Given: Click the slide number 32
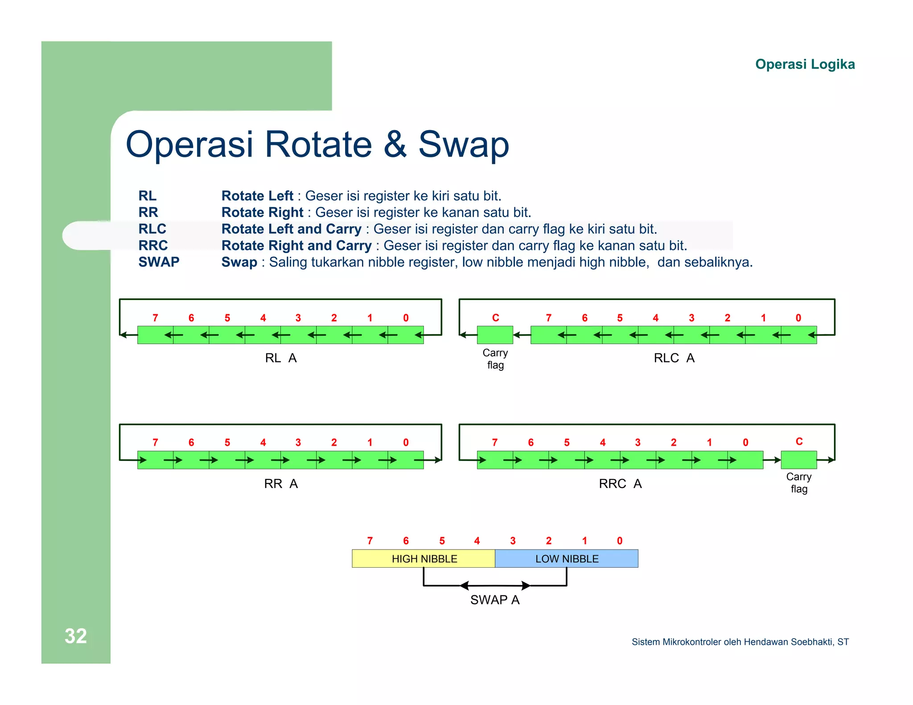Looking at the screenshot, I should (75, 636).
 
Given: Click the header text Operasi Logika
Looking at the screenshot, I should (805, 64).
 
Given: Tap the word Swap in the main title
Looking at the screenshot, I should (463, 144).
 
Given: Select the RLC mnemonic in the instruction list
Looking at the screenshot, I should (152, 229).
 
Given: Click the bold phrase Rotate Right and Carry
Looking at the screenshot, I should (296, 246).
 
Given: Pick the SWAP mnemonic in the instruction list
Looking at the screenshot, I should (159, 262).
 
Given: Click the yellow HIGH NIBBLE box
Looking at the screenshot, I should (424, 558).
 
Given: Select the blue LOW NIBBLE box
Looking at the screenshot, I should (567, 558).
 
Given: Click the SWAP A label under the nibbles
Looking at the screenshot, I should (495, 600).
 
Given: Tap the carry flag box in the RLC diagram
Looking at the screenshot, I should (495, 335).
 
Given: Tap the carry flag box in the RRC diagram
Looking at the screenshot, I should (798, 460).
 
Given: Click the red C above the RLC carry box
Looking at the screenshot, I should (495, 318).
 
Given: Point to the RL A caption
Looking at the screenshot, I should (280, 358).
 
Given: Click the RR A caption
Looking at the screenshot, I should (280, 484).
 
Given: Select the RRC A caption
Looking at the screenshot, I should (620, 484).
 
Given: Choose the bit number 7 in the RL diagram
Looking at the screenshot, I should (155, 318).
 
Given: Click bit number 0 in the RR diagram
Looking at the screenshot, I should (406, 443).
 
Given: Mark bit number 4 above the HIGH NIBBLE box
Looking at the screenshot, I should (477, 541).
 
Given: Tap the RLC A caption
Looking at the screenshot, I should (674, 358).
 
